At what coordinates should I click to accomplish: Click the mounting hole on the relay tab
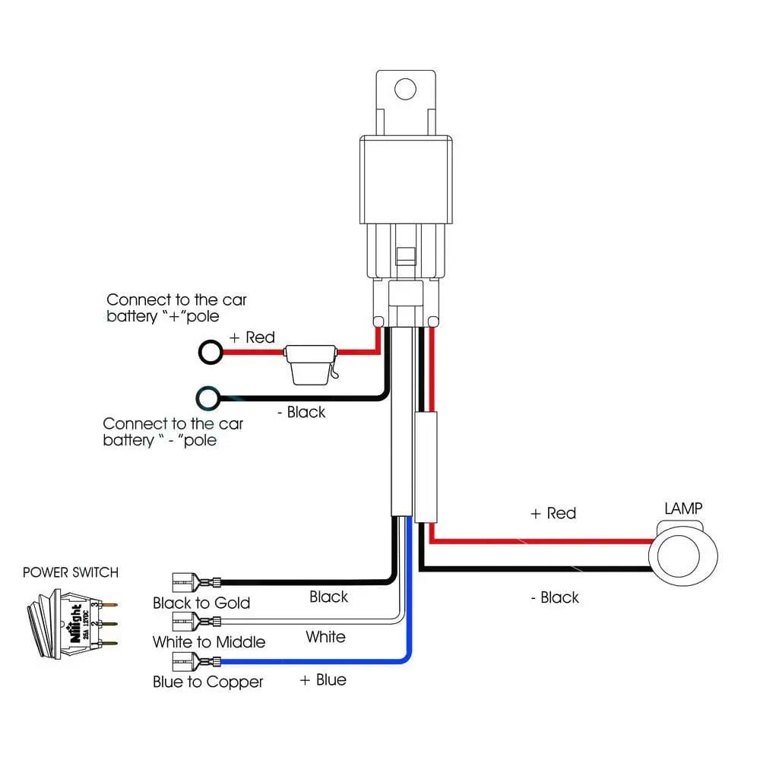[407, 89]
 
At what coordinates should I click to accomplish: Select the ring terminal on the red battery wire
[210, 351]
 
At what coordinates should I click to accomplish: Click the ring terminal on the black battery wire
[207, 397]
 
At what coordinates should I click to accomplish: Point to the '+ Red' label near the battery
[252, 337]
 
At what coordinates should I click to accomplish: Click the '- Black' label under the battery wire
[300, 412]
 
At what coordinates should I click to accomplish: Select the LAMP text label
[683, 508]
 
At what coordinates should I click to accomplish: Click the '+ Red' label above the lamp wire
[553, 514]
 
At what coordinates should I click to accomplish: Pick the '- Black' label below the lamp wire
[554, 597]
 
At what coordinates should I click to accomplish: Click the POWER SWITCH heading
[71, 572]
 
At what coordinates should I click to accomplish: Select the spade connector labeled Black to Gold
[195, 582]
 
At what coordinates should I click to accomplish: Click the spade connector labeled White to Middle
[195, 622]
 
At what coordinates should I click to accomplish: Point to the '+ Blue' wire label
[323, 679]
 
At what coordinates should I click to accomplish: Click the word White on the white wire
[325, 637]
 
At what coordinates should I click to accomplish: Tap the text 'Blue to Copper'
[207, 682]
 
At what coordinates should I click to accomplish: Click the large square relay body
[406, 181]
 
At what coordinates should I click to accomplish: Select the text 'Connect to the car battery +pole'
[176, 308]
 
